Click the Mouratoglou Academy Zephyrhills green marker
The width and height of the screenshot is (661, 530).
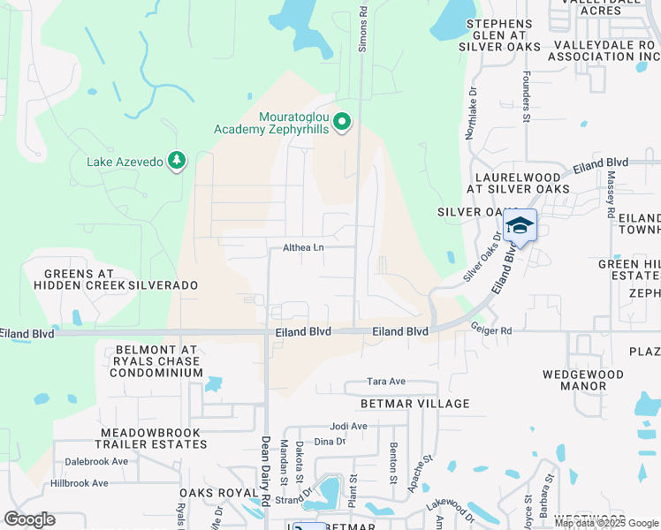click(345, 122)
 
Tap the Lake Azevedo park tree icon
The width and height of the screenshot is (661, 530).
click(178, 160)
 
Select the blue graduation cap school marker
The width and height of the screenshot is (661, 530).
click(520, 227)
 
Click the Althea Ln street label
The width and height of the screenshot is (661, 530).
click(303, 248)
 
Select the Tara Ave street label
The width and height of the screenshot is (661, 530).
click(386, 382)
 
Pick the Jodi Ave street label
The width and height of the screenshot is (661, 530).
click(347, 426)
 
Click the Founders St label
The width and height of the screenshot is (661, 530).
click(526, 95)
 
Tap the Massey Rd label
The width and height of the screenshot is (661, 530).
click(611, 194)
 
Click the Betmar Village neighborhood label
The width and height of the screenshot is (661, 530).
click(414, 404)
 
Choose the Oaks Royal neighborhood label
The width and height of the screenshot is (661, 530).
click(212, 493)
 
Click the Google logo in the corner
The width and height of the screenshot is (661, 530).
click(29, 519)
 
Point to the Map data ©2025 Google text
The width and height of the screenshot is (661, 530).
click(605, 523)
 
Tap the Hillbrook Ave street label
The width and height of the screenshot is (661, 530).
click(79, 483)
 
